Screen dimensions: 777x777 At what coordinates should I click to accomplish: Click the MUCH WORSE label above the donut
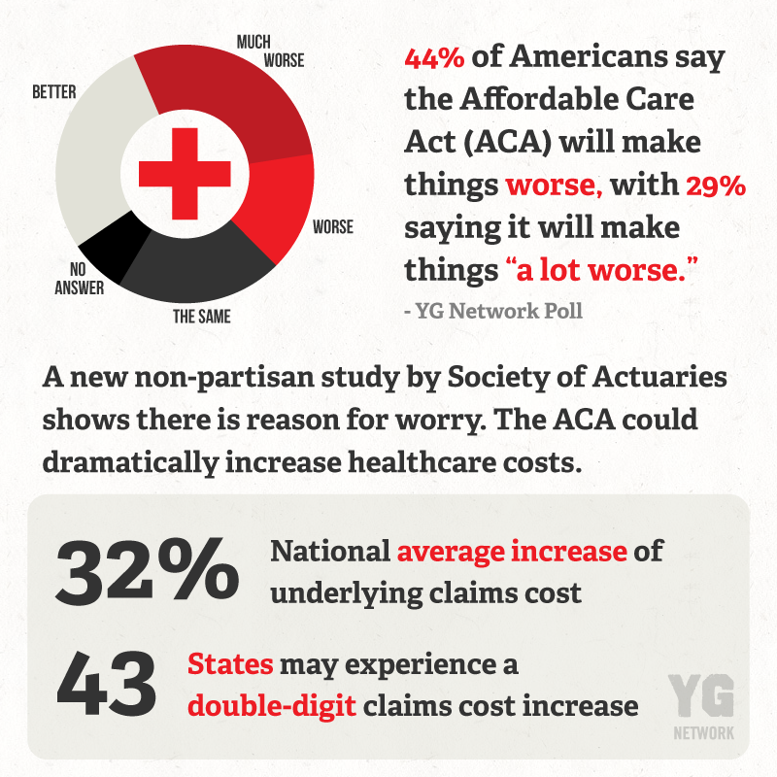(269, 51)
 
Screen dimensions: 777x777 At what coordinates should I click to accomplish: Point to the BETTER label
(54, 92)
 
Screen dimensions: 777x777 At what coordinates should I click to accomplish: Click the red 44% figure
(434, 59)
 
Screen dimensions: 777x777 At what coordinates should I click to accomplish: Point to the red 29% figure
(717, 186)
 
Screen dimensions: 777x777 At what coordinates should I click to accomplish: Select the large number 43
(106, 684)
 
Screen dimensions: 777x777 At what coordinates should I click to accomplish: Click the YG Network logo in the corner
(701, 705)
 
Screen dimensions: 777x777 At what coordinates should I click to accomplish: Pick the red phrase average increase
(512, 552)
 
